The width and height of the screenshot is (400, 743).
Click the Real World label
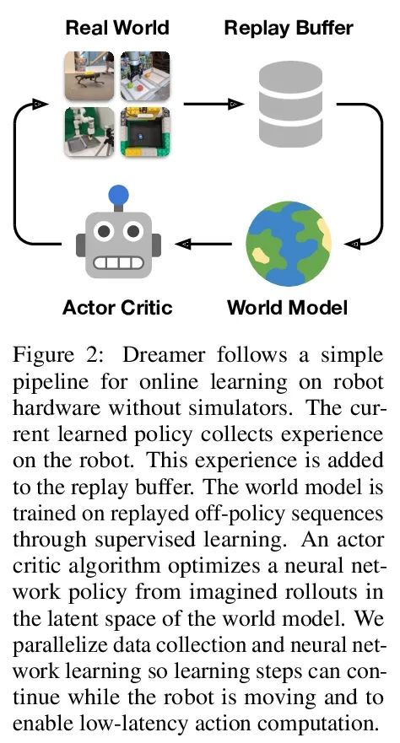point(117,28)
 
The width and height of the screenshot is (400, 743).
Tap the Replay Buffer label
point(289,28)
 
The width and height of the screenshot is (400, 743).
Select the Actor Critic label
point(117,307)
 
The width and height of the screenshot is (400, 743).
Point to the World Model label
point(288,307)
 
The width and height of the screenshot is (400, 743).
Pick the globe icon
point(289,244)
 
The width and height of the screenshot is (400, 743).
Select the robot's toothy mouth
point(118,263)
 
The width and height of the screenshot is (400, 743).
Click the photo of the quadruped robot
point(89,76)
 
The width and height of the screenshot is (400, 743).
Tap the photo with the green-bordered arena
point(145,132)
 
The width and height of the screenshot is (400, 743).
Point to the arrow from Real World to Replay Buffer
point(214,103)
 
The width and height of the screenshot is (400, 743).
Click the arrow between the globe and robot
point(203,244)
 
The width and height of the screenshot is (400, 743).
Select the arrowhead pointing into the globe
point(353,244)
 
